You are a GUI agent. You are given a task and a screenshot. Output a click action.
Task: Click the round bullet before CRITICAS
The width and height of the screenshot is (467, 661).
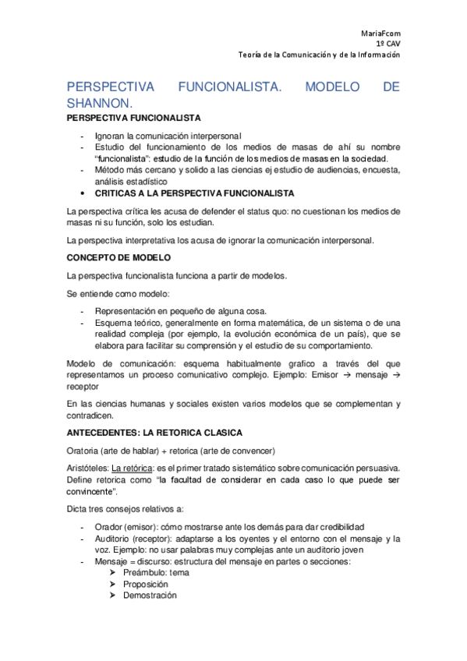[83, 193]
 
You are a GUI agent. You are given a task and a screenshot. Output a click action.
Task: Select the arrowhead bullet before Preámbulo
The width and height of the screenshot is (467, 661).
[114, 572]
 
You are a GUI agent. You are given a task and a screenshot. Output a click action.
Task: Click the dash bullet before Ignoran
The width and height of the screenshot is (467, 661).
[83, 135]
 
